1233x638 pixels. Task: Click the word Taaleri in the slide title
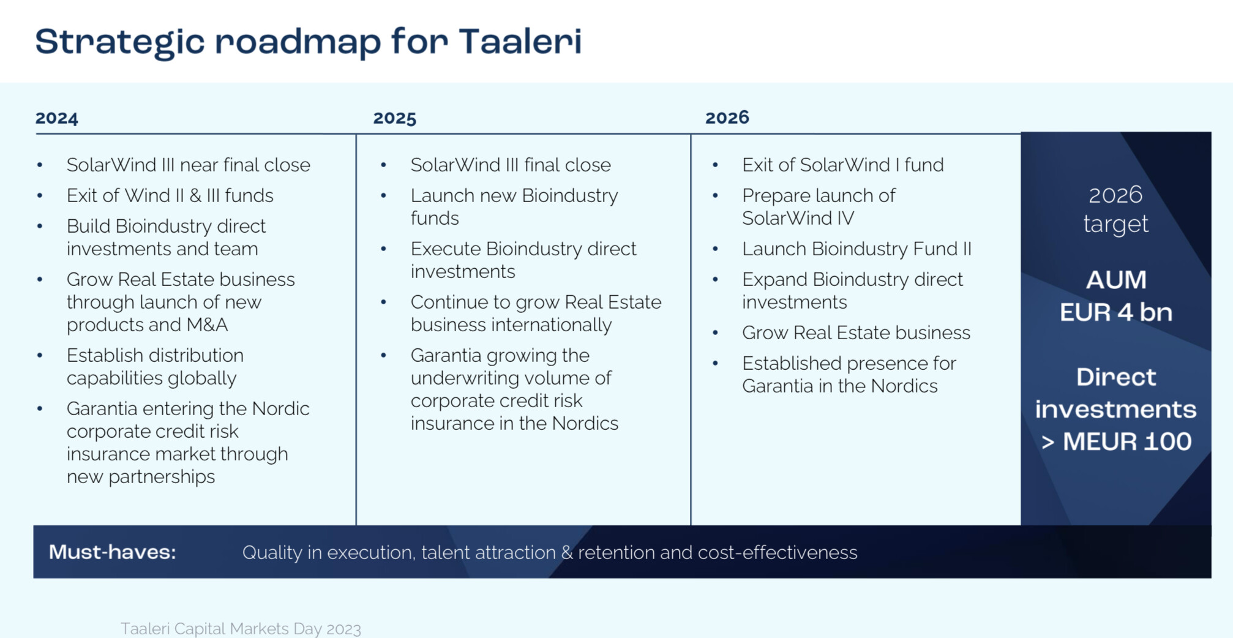520,41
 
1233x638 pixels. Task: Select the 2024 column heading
57,118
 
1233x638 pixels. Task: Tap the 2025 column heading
395,118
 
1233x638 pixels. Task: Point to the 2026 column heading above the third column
727,118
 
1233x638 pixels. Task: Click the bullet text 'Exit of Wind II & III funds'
170,195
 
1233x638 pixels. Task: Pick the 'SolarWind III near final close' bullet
189,165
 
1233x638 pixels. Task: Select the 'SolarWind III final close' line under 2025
511,165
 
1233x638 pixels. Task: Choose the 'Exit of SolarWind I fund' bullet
843,165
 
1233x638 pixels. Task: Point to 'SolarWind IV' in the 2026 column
798,218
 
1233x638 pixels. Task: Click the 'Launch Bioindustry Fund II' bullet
857,249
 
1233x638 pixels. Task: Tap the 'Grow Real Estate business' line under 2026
856,332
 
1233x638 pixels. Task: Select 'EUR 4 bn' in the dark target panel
1116,312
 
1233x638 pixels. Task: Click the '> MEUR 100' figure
1116,441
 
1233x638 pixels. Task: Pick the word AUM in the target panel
1116,280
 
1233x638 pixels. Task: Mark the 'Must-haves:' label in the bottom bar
113,552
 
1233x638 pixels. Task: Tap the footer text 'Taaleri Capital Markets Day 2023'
241,629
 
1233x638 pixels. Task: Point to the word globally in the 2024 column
202,378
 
